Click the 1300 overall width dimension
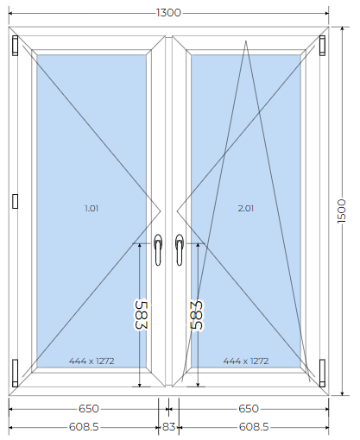[x=168, y=13]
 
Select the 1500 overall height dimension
[x=342, y=211]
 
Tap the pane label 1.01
[x=92, y=208]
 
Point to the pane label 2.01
[x=246, y=208]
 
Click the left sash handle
[x=158, y=249]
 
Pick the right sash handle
[x=180, y=249]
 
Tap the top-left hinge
[x=15, y=45]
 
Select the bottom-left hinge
[x=15, y=373]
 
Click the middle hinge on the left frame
[x=16, y=201]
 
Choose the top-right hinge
[x=322, y=45]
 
